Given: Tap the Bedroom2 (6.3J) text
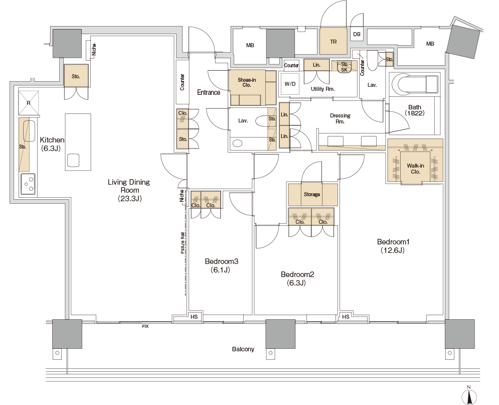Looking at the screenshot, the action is (297, 279).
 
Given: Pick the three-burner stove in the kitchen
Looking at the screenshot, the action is (28, 184).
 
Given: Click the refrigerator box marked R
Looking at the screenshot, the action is (29, 102).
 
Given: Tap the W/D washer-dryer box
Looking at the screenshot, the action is (290, 84).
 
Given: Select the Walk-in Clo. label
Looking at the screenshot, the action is (415, 169).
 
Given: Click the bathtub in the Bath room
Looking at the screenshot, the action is (414, 85).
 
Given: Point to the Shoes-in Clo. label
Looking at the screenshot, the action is (247, 82).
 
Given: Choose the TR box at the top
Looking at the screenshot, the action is (333, 41).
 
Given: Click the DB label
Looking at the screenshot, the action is (357, 34).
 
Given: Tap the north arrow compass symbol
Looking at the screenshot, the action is (469, 396).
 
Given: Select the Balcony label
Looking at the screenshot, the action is (243, 349).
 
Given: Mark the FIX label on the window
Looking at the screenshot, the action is (145, 326).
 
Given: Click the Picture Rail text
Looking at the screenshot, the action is (183, 242).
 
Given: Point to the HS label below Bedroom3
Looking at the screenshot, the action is (194, 317).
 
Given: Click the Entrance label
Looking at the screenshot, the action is (209, 92).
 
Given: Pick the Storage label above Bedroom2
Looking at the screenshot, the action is (311, 194).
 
